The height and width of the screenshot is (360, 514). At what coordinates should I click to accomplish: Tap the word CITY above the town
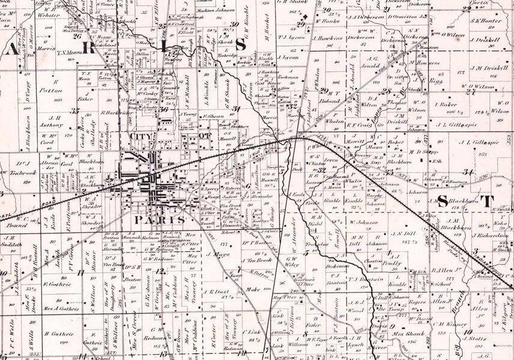(142, 137)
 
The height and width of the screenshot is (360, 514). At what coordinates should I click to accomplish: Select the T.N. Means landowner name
(69, 52)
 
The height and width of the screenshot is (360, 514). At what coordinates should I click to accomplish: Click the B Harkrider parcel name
(117, 112)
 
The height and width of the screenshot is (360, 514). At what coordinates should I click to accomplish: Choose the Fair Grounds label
(171, 86)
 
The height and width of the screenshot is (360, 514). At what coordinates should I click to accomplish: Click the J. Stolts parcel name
(476, 339)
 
